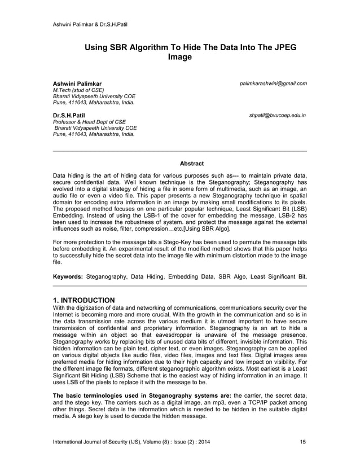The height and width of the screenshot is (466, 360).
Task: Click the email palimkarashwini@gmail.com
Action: [273, 83]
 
